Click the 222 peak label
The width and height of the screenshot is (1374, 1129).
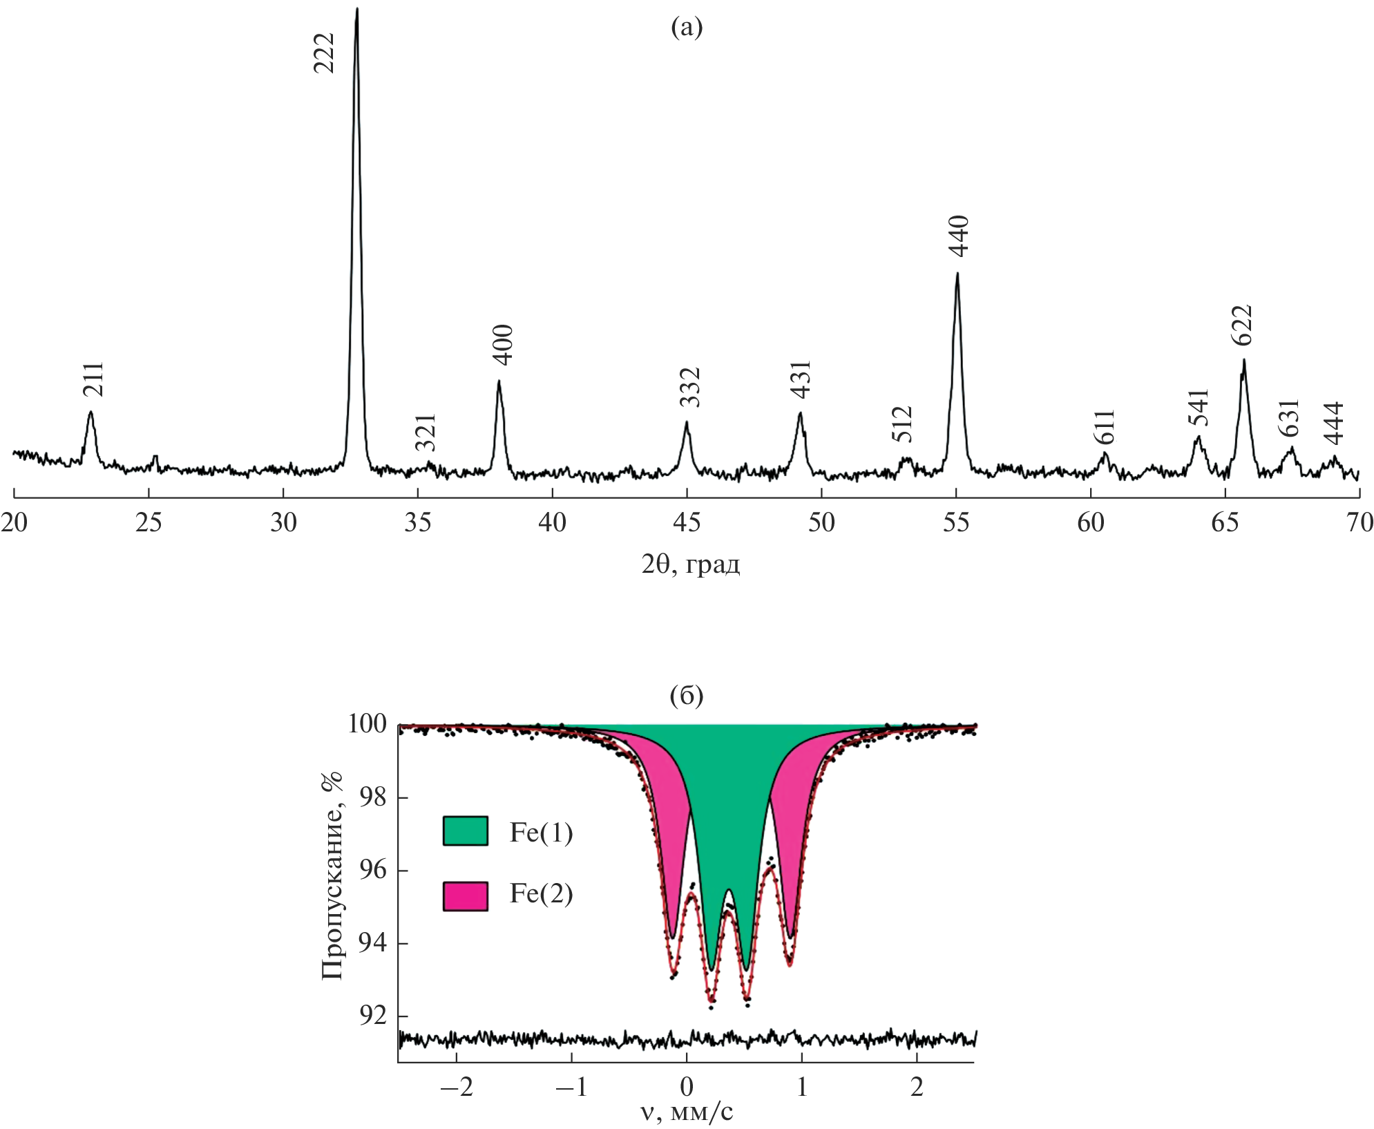[x=324, y=53]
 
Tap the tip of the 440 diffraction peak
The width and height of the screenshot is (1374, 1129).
[x=957, y=274]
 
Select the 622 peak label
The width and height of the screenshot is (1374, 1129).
[x=1241, y=325]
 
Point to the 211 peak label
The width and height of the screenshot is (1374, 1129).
[x=93, y=379]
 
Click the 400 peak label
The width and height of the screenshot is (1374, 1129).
[x=503, y=344]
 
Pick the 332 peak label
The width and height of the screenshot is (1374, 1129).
[x=689, y=387]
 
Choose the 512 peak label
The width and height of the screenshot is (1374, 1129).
[x=902, y=424]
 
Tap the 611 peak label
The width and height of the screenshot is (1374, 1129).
[x=1105, y=427]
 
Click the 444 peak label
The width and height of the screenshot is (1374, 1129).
[x=1333, y=423]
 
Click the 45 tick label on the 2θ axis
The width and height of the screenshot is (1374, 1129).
[x=687, y=523]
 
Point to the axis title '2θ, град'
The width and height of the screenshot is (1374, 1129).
[x=690, y=565]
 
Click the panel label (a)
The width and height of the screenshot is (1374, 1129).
[x=687, y=28]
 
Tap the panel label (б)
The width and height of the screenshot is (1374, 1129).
[x=687, y=696]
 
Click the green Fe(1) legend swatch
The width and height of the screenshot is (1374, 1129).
[x=465, y=831]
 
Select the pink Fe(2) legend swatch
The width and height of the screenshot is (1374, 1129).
[x=465, y=896]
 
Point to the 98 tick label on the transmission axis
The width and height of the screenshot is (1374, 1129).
[x=372, y=797]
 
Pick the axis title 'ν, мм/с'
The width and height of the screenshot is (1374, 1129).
[x=686, y=1112]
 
